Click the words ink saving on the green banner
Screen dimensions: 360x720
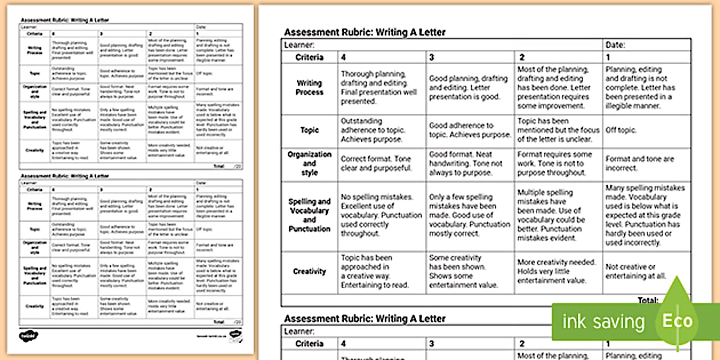coord(603,322)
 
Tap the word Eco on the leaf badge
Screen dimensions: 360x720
coord(677,321)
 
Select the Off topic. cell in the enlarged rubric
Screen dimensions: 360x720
coord(621,130)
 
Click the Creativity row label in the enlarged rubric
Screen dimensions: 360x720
coord(309,271)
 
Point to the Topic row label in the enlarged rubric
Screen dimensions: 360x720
coord(309,130)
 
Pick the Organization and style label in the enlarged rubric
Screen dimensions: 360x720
coord(309,163)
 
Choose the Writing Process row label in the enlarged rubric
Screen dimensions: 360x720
coord(309,88)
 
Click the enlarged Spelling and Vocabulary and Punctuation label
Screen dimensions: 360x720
coord(309,215)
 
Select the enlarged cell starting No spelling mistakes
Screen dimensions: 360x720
coord(381,215)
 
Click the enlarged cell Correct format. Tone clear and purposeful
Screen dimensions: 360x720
coord(376,163)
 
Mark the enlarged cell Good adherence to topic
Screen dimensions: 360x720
coord(470,130)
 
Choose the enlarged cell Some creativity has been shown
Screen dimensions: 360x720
coord(463,271)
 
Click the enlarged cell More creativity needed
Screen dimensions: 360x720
coord(556,271)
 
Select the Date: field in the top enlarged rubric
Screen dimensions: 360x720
coord(615,45)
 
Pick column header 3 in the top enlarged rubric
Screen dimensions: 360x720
coord(432,57)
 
